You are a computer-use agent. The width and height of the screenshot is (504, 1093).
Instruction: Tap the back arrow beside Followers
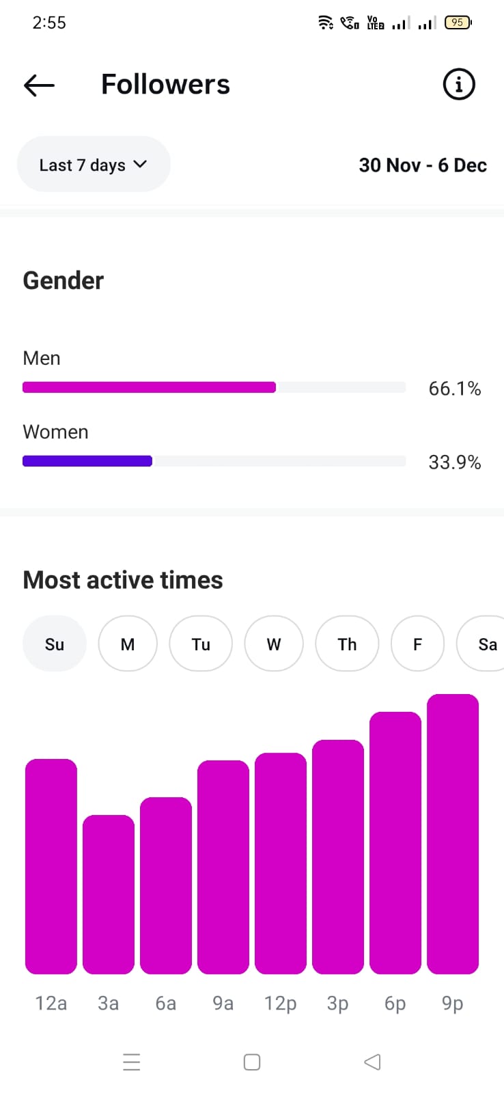[x=39, y=85]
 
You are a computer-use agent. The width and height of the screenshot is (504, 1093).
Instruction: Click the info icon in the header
[x=459, y=85]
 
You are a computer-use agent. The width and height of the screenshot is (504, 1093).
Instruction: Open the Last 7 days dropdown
[x=94, y=165]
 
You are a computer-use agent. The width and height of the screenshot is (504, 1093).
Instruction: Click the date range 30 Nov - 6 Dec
[x=423, y=165]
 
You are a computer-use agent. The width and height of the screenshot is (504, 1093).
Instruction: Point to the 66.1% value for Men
[x=455, y=389]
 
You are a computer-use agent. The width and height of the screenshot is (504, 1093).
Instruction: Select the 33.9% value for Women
[x=455, y=462]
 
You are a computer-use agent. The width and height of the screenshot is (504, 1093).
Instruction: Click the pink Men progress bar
[x=149, y=387]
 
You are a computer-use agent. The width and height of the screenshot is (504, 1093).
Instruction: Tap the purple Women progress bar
[x=87, y=461]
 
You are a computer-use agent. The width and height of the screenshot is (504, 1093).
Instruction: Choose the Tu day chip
[x=201, y=644]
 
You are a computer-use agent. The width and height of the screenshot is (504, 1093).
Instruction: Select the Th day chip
[x=347, y=644]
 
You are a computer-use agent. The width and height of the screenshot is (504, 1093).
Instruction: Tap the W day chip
[x=274, y=644]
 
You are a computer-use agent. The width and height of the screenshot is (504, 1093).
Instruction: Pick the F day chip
[x=417, y=644]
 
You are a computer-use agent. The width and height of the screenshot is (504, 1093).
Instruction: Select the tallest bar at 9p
[x=453, y=833]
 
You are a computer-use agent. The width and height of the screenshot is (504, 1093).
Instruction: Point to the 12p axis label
[x=281, y=1003]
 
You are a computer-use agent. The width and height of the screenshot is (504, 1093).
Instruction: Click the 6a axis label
[x=166, y=1003]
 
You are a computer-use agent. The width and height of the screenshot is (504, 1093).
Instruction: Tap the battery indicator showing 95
[x=458, y=23]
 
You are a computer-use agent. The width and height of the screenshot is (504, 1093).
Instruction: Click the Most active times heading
[x=123, y=580]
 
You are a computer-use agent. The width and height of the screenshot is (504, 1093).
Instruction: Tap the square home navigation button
[x=252, y=1062]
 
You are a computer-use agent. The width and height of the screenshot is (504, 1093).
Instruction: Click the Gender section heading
[x=64, y=281]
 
